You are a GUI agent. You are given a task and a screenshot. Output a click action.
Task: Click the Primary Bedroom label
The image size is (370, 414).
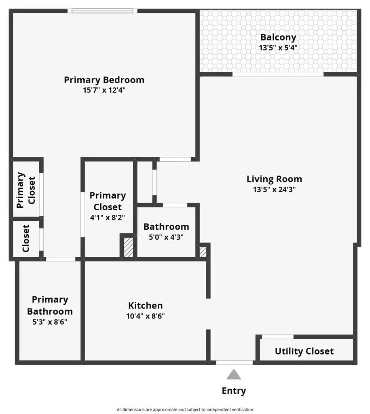pos(104,80)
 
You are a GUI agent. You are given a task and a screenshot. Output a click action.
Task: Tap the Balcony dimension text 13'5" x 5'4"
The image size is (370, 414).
pos(278,48)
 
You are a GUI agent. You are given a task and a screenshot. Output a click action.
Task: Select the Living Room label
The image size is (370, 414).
pos(274,179)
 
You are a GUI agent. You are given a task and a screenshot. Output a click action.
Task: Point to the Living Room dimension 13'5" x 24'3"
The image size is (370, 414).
pos(274,190)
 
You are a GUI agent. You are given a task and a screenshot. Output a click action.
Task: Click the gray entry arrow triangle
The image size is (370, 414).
pos(234,374)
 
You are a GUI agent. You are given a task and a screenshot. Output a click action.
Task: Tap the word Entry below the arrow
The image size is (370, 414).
pos(234,391)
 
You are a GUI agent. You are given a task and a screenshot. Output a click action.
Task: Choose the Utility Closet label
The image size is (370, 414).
pos(304,351)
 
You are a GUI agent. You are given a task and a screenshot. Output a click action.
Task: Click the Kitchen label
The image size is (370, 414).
pos(146,306)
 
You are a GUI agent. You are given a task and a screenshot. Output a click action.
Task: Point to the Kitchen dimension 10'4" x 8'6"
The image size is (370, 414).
pos(146,316)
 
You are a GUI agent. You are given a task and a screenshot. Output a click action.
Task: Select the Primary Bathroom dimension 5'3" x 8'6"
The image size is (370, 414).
pos(50,322)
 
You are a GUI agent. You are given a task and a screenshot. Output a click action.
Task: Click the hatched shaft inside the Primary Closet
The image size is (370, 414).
pos(128,247)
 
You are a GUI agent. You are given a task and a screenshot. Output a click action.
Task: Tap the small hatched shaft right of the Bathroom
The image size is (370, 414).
pos(203,251)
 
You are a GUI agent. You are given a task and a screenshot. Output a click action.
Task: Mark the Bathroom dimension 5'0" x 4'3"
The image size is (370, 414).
pos(166,237)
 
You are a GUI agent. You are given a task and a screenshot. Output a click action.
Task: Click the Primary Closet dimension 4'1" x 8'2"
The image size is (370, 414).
pos(108,218)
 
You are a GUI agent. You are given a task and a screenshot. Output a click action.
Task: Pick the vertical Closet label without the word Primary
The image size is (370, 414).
pos(25,239)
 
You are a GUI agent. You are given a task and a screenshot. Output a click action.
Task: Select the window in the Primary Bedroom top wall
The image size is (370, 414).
pos(102,11)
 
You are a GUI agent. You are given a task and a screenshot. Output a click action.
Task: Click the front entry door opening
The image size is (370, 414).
pos(235,363)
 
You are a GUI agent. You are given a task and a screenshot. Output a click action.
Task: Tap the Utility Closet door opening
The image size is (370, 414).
pos(277,337)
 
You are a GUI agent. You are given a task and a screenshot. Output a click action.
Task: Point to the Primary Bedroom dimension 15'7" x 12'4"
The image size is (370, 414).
pos(104,90)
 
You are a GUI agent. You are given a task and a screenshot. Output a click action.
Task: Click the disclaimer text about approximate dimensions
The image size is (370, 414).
pos(185,410)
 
